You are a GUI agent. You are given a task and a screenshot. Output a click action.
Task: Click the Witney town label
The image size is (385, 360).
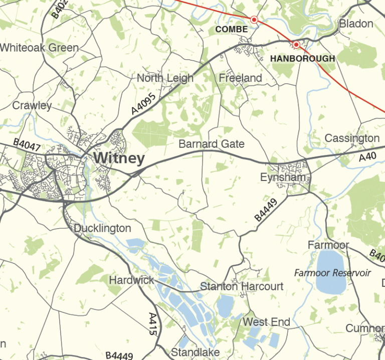coord(119,159)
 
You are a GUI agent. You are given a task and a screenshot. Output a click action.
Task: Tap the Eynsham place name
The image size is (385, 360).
coord(283,177)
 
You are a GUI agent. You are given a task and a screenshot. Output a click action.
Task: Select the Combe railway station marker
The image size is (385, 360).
coord(254,20)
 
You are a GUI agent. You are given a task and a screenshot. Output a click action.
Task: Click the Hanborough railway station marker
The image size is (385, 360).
coord(296,45)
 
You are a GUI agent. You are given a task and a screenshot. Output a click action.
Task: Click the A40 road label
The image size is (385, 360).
coord(367,157)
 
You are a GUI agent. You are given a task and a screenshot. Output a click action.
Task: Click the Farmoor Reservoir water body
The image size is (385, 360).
coord(331,271)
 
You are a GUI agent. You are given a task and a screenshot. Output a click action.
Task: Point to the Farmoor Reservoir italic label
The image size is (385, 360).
coord(332,273)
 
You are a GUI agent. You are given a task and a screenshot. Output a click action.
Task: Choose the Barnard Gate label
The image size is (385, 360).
coord(212,144)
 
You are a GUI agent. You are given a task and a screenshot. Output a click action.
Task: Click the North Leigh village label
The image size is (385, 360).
coord(165,78)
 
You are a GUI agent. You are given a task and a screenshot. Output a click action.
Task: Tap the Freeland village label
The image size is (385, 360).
coord(241,78)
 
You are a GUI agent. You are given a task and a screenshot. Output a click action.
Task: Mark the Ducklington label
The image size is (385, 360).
coord(102,229)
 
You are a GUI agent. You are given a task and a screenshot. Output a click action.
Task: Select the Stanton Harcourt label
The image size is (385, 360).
coord(242,287)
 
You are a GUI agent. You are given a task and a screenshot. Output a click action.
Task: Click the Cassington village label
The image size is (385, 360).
coord(352,138)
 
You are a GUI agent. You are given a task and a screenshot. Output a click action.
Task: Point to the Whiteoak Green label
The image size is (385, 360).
coord(40,48)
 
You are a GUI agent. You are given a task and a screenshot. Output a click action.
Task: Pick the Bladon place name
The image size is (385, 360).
coord(356,24)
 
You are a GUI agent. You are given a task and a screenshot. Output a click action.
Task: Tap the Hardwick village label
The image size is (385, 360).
coord(132,280)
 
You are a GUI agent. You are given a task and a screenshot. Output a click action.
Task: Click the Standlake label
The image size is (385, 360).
coord(195,352)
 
